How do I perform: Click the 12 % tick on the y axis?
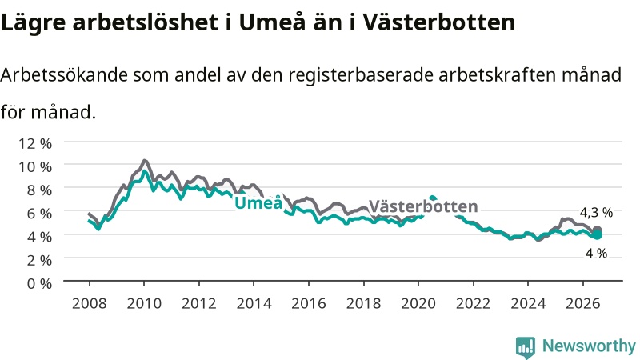click(x=35, y=144)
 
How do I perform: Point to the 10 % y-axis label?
click(x=35, y=167)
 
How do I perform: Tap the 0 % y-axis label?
click(x=39, y=284)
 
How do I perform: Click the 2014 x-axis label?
click(x=254, y=303)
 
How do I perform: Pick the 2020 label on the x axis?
click(x=418, y=303)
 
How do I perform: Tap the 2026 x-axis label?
click(x=583, y=303)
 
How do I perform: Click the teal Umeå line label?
click(x=258, y=202)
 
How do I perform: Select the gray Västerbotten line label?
click(x=423, y=206)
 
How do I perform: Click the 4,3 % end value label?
click(x=596, y=213)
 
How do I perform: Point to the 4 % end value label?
click(x=596, y=254)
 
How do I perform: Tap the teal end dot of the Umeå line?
click(x=597, y=235)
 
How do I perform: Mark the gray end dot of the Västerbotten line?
click(x=597, y=230)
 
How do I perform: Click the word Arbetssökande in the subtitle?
click(x=64, y=74)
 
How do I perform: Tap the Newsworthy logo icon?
click(x=526, y=347)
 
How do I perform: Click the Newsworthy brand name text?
click(x=589, y=346)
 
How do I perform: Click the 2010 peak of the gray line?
click(x=144, y=161)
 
